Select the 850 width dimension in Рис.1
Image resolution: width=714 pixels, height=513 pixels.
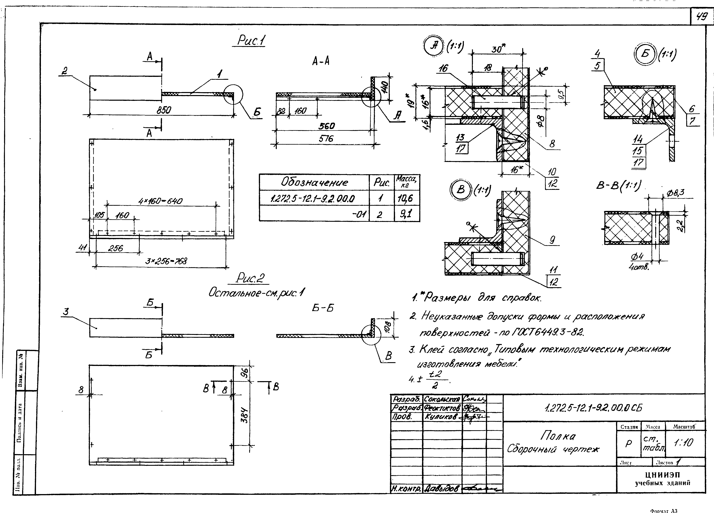click(x=164, y=110)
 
